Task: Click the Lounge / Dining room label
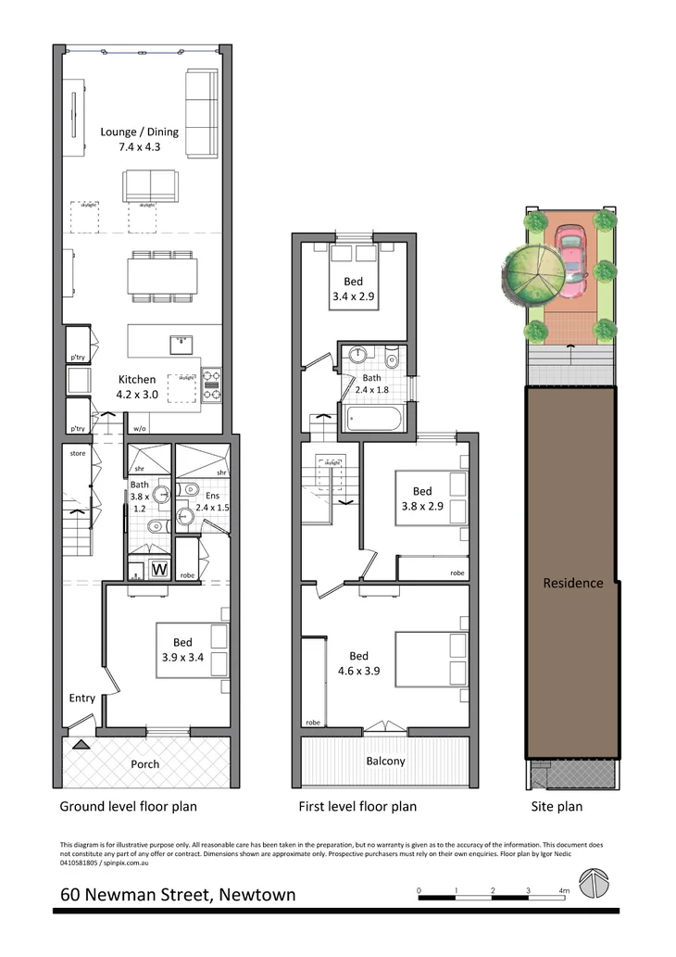pos(139,139)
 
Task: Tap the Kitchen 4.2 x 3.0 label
pos(143,386)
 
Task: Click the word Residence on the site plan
pos(572,583)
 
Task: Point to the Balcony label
pos(385,762)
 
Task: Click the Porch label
pos(144,764)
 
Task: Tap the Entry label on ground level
pos(82,698)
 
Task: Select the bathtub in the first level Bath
pos(374,419)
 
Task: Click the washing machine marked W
pos(159,570)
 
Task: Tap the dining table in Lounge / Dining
pos(162,275)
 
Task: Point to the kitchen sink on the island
pos(181,346)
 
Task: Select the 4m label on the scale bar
pos(563,890)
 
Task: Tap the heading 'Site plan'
pos(556,806)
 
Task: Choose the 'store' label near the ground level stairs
pos(77,454)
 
